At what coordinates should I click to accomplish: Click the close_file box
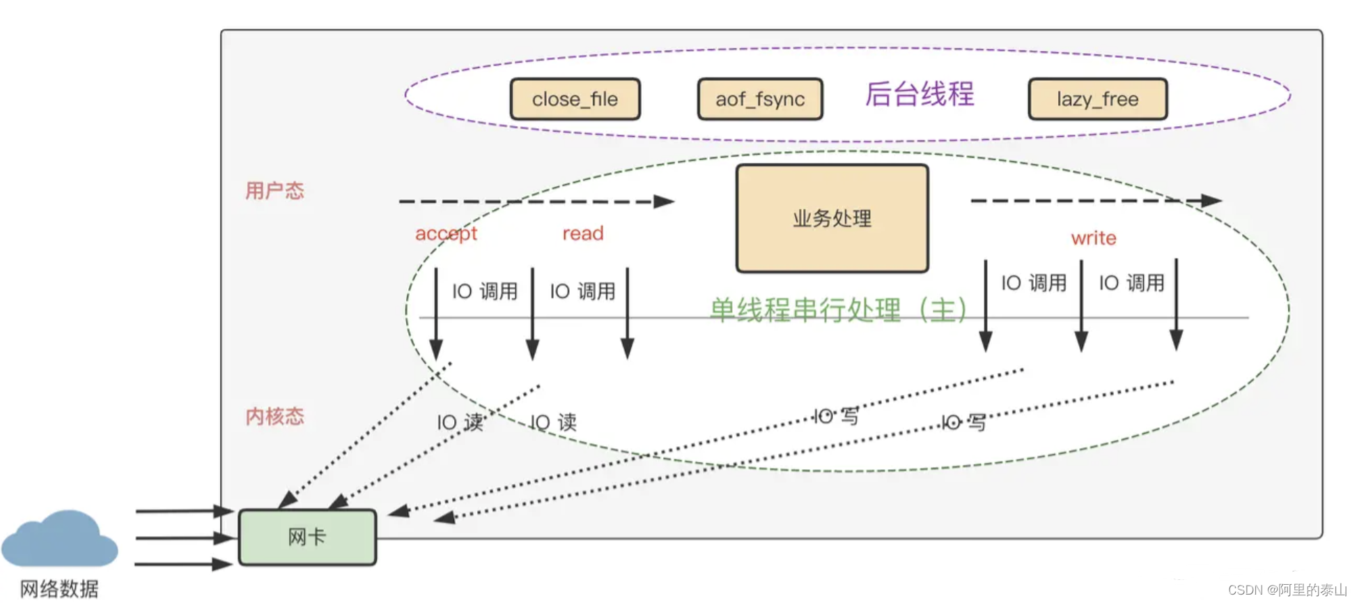575,99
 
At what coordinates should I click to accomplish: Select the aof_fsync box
760,99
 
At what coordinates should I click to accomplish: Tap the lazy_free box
1097,99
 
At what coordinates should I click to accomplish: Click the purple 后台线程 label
920,94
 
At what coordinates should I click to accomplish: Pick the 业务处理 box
832,218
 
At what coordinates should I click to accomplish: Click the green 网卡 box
307,537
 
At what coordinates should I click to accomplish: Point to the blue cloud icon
59,540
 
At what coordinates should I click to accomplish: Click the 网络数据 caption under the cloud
59,589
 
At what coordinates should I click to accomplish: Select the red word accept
446,234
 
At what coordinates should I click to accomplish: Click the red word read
583,234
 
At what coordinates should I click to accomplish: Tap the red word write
1094,238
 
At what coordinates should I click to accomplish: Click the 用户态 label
274,190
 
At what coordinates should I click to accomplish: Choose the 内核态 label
274,416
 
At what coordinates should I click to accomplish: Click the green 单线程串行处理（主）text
838,310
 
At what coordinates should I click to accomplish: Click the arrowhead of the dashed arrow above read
663,201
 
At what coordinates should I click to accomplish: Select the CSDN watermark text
1287,590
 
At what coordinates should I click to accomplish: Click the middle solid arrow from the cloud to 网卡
185,537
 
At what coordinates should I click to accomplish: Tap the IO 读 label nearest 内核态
460,422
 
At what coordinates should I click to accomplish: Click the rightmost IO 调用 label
1131,282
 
